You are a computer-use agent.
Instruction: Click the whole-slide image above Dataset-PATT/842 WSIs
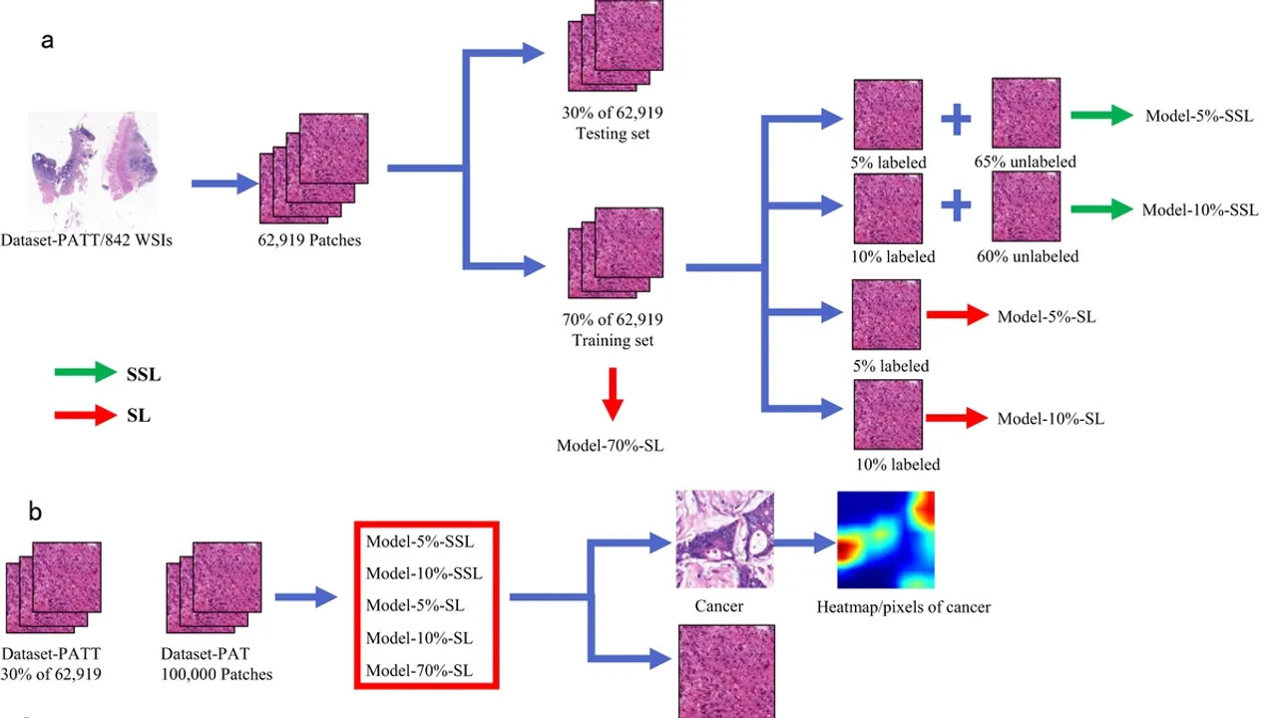click(x=92, y=171)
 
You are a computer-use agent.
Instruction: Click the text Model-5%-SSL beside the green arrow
click(x=1198, y=116)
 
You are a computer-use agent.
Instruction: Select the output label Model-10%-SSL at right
click(x=1200, y=210)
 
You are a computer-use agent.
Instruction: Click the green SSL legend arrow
click(x=86, y=374)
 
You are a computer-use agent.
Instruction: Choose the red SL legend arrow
click(x=86, y=415)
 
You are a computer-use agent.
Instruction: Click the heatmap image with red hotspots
click(x=885, y=539)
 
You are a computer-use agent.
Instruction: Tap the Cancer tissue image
click(x=724, y=539)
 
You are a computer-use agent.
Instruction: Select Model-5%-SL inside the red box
click(x=414, y=605)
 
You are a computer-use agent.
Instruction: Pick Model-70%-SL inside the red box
click(x=419, y=671)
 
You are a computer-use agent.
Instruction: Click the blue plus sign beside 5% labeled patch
click(x=956, y=121)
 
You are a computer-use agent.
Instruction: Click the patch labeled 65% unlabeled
click(x=1026, y=115)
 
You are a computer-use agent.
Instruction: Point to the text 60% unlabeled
click(x=1028, y=256)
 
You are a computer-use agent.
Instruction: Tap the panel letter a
click(x=47, y=42)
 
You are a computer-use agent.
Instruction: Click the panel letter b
click(x=35, y=513)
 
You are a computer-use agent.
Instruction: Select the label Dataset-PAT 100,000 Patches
click(x=216, y=664)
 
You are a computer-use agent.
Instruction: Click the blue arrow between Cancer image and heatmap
click(x=805, y=543)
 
